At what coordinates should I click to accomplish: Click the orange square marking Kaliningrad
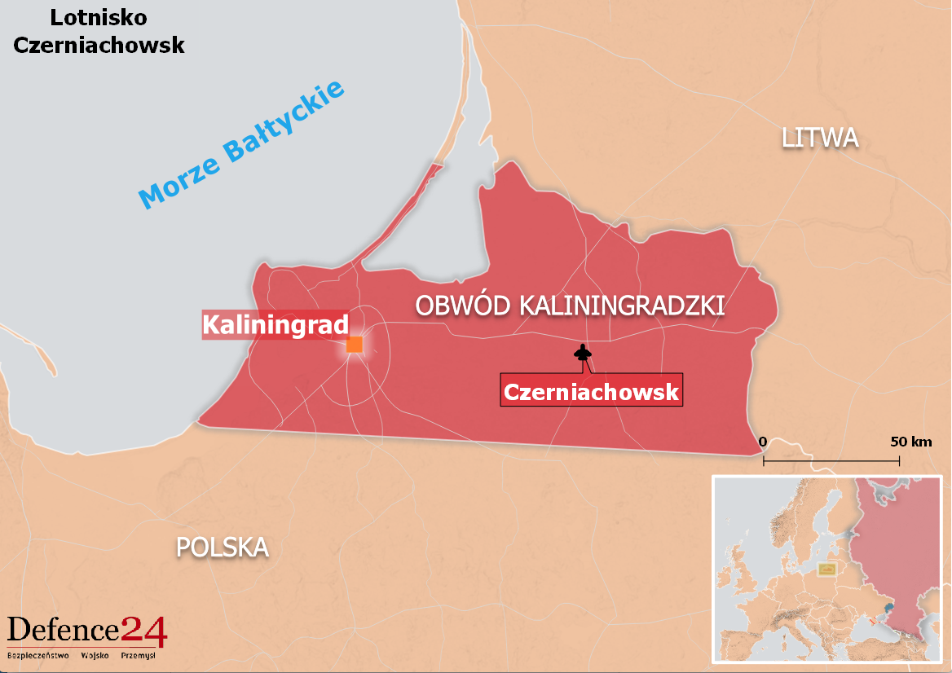(x=355, y=344)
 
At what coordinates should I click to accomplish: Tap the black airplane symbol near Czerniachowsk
(x=582, y=353)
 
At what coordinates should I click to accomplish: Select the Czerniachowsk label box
(x=591, y=392)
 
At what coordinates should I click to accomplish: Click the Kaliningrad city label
(x=275, y=324)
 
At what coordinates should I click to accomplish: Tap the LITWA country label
(x=820, y=138)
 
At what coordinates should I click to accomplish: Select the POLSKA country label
(x=223, y=548)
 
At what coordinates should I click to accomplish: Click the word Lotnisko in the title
(x=99, y=16)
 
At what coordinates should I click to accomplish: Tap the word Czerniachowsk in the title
(x=99, y=45)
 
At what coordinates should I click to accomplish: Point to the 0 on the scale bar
(x=763, y=442)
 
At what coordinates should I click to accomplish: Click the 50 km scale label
(x=910, y=442)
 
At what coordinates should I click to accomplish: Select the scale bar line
(x=831, y=460)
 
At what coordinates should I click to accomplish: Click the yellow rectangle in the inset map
(x=827, y=569)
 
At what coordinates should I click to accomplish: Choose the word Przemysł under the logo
(x=138, y=654)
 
